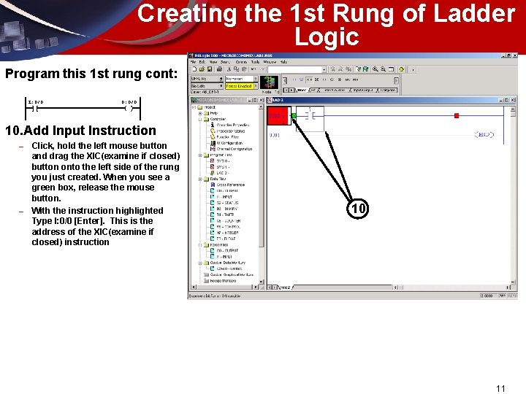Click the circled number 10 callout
[x=357, y=209]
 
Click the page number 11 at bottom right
[x=500, y=388]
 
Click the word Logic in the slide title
[x=327, y=37]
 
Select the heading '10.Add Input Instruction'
[x=80, y=131]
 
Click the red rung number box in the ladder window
[x=277, y=115]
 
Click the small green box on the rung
[x=294, y=115]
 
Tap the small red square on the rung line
[x=457, y=115]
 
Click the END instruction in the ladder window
[x=484, y=135]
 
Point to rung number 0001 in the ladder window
[x=275, y=135]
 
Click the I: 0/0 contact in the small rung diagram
[x=35, y=107]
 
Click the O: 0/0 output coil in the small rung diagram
[x=129, y=107]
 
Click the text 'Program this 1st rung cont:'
[x=91, y=74]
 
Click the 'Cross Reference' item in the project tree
[x=232, y=185]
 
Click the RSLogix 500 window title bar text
[x=226, y=56]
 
